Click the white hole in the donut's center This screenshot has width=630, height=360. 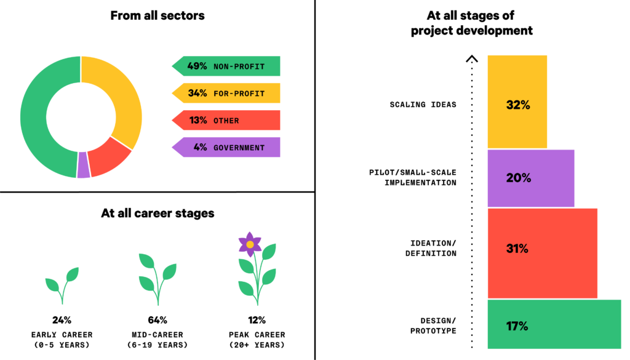click(81, 117)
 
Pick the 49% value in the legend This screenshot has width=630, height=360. click(197, 66)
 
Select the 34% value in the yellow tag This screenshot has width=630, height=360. click(197, 94)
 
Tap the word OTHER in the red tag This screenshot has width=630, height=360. click(226, 121)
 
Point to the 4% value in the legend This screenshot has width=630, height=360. click(200, 148)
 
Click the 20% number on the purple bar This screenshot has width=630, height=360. click(518, 178)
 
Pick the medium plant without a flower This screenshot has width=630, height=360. click(157, 277)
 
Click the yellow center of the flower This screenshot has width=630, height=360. click(250, 244)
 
